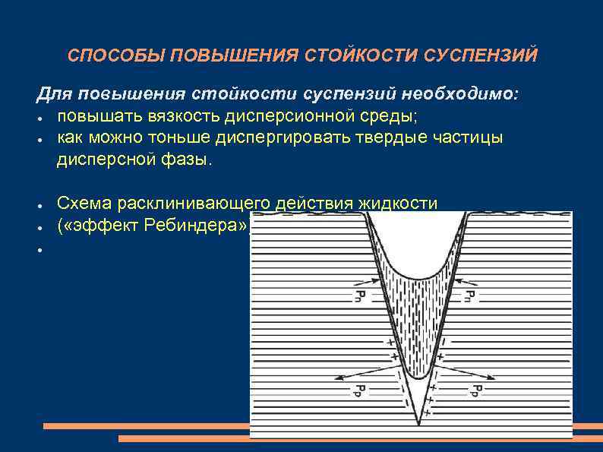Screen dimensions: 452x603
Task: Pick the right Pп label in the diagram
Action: click(469, 295)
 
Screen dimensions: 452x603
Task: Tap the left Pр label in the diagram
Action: click(357, 390)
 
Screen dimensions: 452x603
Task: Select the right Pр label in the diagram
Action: click(473, 390)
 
